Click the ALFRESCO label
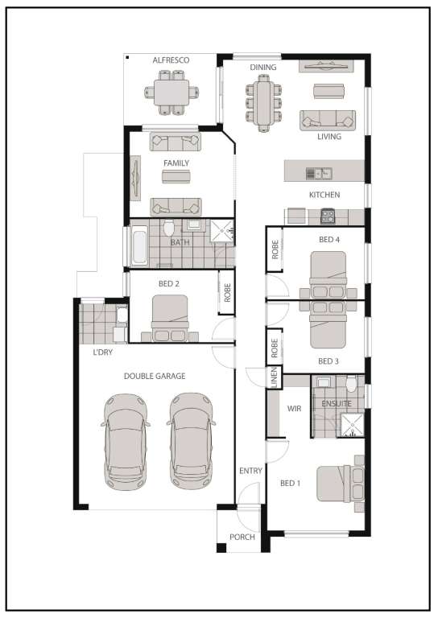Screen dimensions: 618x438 tap(170, 60)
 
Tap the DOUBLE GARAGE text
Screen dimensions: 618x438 tap(155, 376)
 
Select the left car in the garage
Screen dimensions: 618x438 tap(125, 441)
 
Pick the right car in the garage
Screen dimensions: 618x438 tap(191, 441)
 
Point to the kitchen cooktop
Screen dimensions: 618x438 tap(328, 215)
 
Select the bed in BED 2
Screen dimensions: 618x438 tap(170, 318)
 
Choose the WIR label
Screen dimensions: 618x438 tap(294, 408)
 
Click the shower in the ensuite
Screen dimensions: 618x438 tap(351, 425)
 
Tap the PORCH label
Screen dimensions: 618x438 tap(242, 537)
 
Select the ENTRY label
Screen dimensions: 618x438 tap(250, 471)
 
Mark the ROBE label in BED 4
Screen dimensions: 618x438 tap(275, 250)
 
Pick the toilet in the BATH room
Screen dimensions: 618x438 tap(169, 229)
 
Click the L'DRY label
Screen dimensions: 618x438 tap(102, 352)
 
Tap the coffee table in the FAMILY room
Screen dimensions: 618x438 tap(176, 176)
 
